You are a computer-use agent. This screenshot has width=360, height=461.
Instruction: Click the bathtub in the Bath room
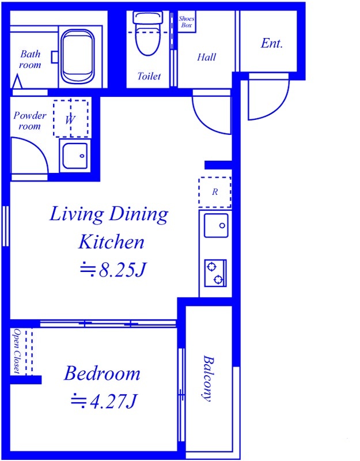click(78, 56)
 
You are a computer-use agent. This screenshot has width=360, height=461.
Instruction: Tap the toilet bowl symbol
click(149, 33)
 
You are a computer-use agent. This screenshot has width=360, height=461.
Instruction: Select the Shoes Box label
click(186, 22)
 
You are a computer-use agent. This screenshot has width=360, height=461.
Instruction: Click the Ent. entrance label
click(271, 44)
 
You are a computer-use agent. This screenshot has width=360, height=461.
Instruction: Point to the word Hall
click(206, 57)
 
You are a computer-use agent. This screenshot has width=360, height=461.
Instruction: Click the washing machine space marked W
click(71, 119)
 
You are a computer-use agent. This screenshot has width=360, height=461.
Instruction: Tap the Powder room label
click(30, 120)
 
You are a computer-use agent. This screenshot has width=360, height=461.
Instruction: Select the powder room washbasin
click(75, 156)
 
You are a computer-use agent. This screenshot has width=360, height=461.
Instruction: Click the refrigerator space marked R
click(215, 192)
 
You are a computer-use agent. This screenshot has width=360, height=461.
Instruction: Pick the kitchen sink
click(216, 225)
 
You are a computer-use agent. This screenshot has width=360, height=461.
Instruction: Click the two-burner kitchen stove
click(215, 273)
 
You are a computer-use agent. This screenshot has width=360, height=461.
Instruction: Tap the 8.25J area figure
click(113, 270)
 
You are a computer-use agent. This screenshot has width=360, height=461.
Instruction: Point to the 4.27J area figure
click(104, 401)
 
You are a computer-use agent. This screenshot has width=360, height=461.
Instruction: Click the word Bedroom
click(102, 373)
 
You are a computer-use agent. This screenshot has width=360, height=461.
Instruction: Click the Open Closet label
click(17, 352)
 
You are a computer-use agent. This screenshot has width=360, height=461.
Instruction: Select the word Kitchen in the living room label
click(111, 242)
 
